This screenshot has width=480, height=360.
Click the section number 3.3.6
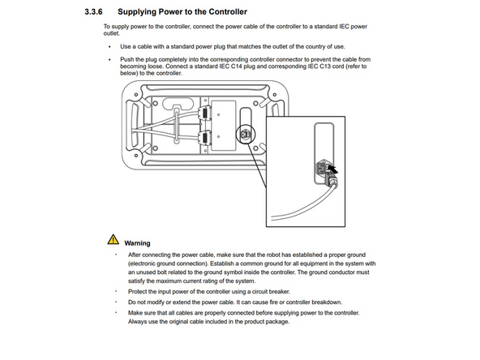pos(96,13)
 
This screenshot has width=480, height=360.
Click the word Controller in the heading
pos(223,13)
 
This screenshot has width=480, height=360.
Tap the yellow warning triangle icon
pos(112,240)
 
